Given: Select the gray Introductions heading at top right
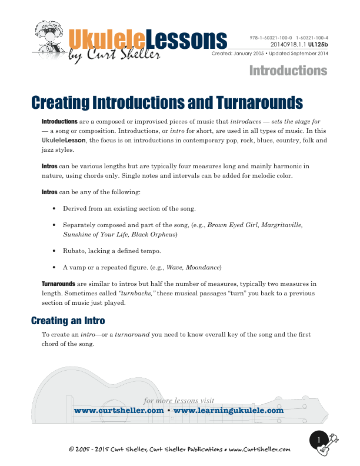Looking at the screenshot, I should click(x=288, y=71).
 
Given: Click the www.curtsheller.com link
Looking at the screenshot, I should click(x=118, y=411).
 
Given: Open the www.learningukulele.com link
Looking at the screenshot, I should click(x=229, y=411).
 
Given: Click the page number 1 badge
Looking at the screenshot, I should click(x=319, y=440).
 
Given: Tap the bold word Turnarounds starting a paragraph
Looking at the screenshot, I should click(x=58, y=283).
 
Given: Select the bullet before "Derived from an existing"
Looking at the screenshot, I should click(x=54, y=208).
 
